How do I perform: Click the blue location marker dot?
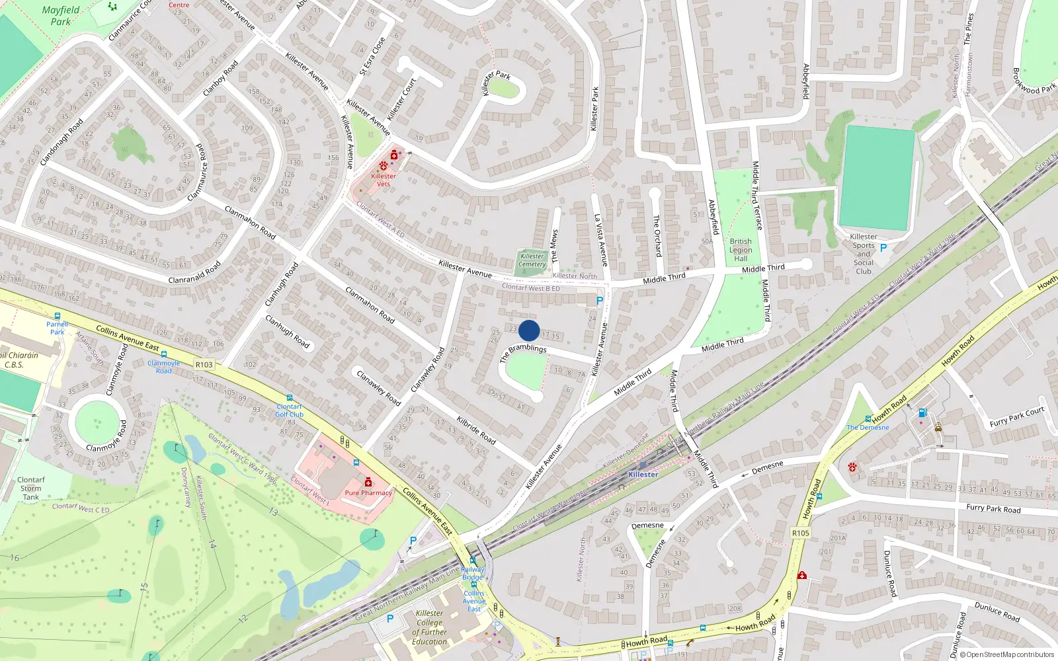click(x=529, y=330)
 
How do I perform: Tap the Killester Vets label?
click(x=384, y=180)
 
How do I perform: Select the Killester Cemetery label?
click(x=532, y=260)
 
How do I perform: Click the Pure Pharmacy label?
click(x=368, y=492)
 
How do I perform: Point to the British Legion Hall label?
click(x=741, y=250)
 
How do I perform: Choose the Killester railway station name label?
click(x=643, y=475)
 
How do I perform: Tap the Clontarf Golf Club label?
click(x=289, y=410)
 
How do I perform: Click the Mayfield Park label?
click(x=61, y=16)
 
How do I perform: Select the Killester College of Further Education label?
click(x=430, y=627)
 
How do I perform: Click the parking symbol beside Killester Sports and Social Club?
click(x=883, y=248)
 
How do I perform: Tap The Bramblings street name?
click(x=524, y=351)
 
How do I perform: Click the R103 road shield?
click(x=204, y=365)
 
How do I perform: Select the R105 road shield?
click(x=800, y=533)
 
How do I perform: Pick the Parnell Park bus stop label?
click(x=58, y=328)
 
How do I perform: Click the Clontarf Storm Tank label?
click(x=31, y=488)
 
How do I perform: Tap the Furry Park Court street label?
click(x=1017, y=416)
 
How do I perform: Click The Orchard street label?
click(x=657, y=235)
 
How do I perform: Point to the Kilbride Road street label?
click(x=476, y=430)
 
